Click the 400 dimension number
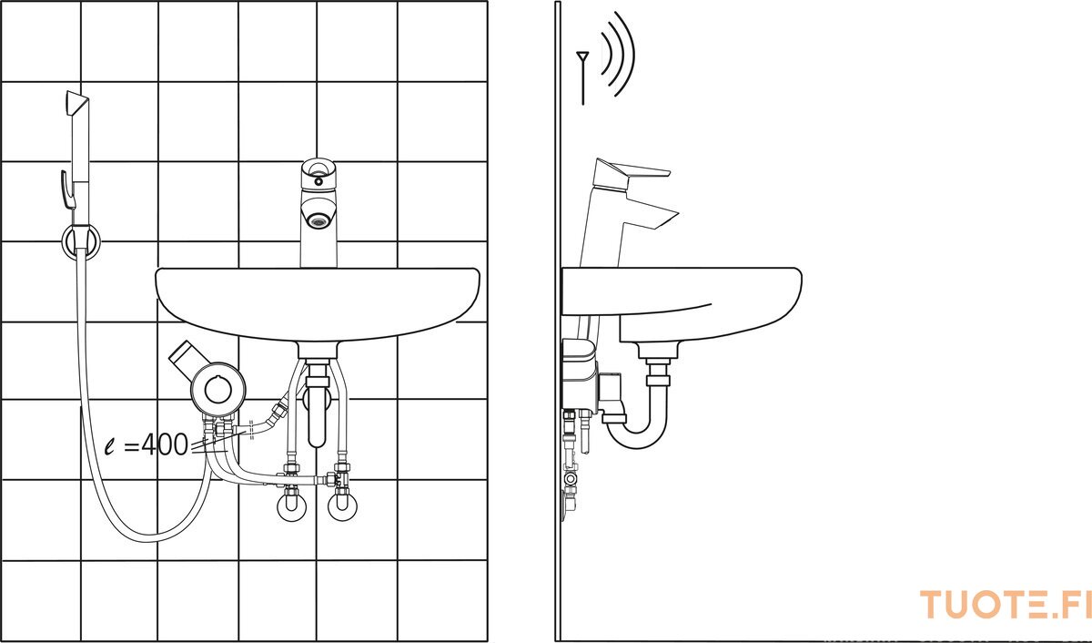point(165,444)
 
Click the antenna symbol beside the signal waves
point(582,77)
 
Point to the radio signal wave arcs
point(618,54)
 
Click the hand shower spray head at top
point(77,105)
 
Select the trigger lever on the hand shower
point(66,190)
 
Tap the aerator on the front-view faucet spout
point(318,222)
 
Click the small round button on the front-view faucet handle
point(318,182)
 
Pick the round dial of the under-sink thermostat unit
point(218,389)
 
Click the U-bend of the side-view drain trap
point(636,439)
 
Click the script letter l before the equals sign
point(111,446)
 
